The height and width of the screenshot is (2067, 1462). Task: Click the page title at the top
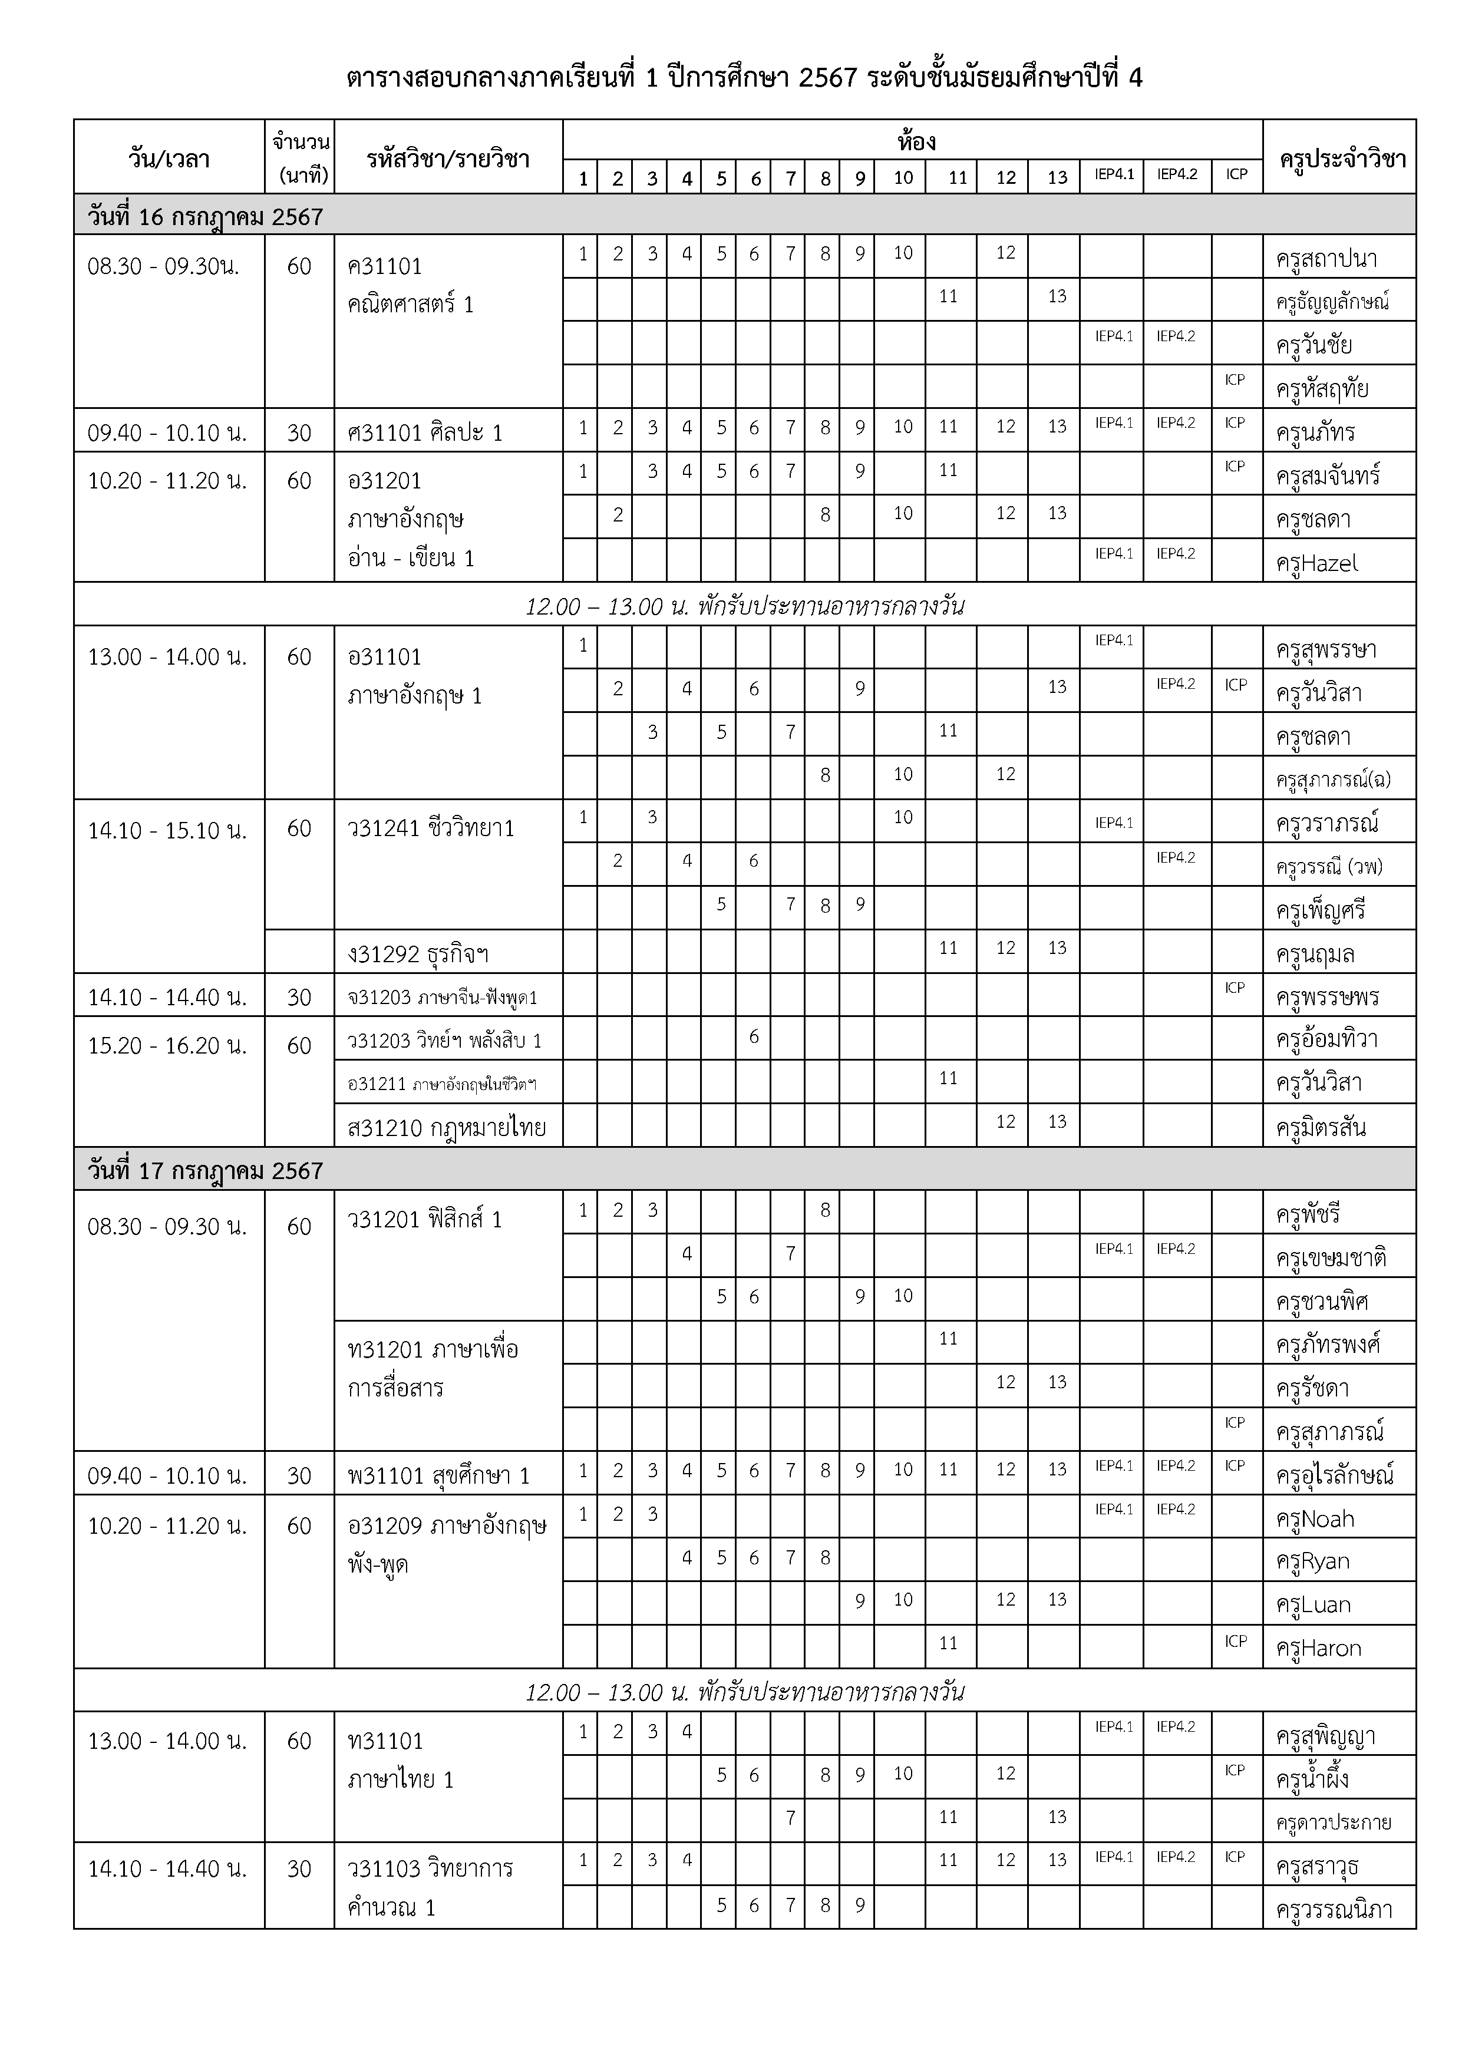tap(744, 78)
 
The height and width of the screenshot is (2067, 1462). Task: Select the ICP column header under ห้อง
tap(1237, 174)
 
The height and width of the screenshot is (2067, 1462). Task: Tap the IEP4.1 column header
tap(1114, 174)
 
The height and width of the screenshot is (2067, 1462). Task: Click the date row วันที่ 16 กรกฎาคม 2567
tap(205, 217)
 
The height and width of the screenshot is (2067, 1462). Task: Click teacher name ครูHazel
tap(1317, 563)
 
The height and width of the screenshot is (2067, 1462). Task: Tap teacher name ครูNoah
tap(1314, 1519)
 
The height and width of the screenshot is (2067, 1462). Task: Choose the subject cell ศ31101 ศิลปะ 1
tap(425, 433)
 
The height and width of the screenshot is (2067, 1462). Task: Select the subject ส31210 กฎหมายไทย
tap(447, 1127)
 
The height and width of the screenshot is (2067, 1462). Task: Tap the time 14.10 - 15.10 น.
tap(167, 830)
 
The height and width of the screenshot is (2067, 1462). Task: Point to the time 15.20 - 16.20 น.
tap(167, 1045)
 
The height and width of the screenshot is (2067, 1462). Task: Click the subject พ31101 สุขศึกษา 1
tap(438, 1475)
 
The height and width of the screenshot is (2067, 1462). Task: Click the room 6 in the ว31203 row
tap(754, 1037)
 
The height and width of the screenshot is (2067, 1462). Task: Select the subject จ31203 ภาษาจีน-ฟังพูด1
tap(442, 998)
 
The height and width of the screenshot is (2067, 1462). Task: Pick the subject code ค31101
tap(384, 266)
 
